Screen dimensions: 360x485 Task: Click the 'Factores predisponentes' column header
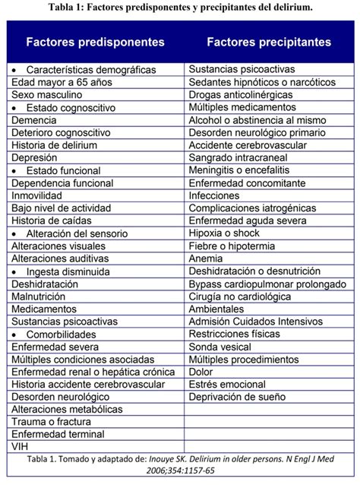point(94,42)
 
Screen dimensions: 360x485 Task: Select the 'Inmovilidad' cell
point(37,195)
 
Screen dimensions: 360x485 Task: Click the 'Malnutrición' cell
point(39,296)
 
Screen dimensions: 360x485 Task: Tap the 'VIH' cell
point(20,446)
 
